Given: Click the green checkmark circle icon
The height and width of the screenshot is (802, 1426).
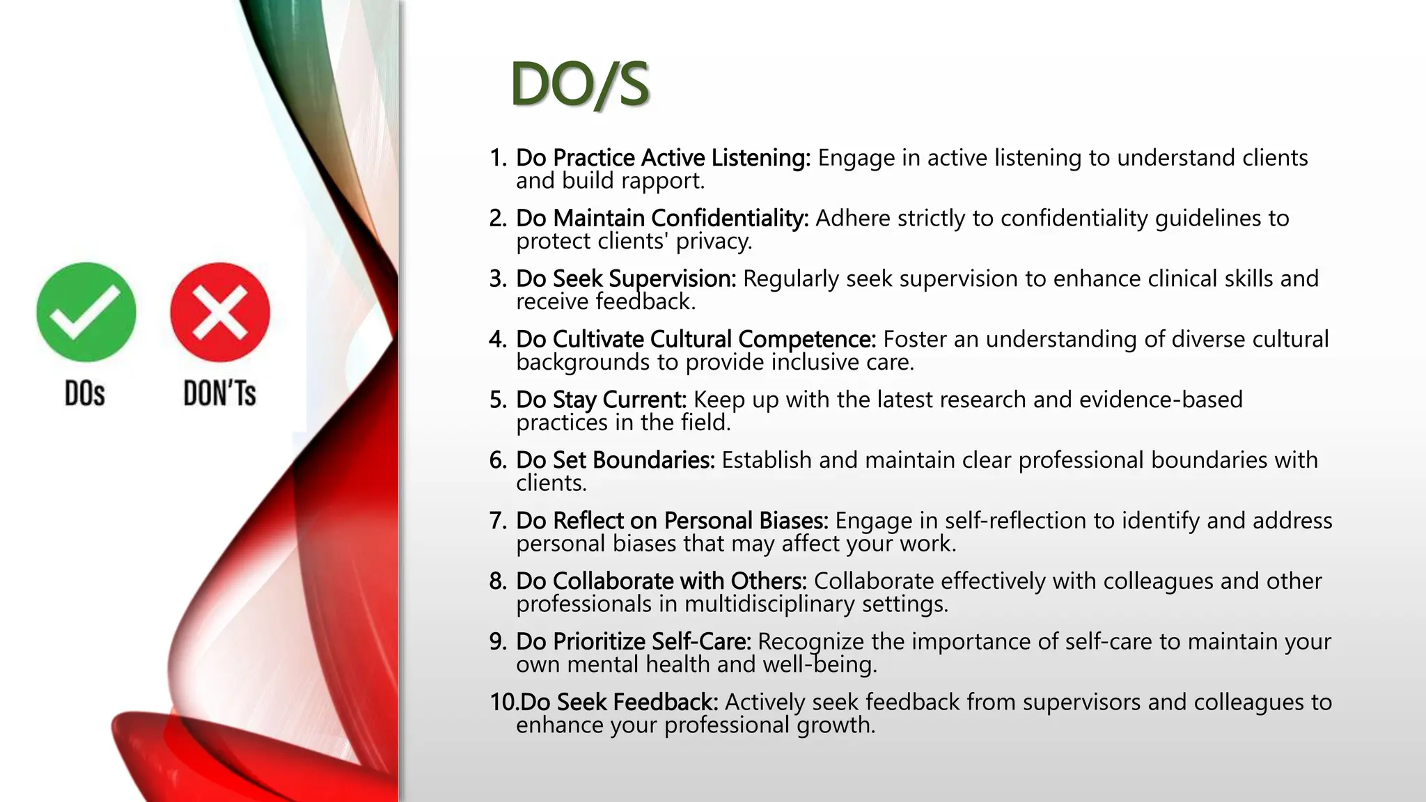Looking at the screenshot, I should point(86,312).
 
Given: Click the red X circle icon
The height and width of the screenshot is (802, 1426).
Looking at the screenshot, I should point(220,312).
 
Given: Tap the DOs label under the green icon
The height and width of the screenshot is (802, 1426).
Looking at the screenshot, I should point(85,393).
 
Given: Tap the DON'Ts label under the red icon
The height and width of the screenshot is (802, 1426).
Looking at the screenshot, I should point(219,393).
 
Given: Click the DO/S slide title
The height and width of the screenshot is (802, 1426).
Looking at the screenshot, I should point(580,84).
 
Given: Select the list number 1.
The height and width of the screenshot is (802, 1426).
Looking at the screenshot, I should point(497,158).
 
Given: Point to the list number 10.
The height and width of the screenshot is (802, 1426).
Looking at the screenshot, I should point(503,702).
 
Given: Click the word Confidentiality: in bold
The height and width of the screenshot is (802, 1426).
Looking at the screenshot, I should point(730,219).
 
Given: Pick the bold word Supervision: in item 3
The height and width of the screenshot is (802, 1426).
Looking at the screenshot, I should point(672,279).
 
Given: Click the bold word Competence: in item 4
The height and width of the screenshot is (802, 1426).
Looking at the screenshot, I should point(807,340).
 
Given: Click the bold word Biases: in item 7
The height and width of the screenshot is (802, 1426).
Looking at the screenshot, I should point(793,521).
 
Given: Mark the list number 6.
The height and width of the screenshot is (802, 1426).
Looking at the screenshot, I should point(497,460).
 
